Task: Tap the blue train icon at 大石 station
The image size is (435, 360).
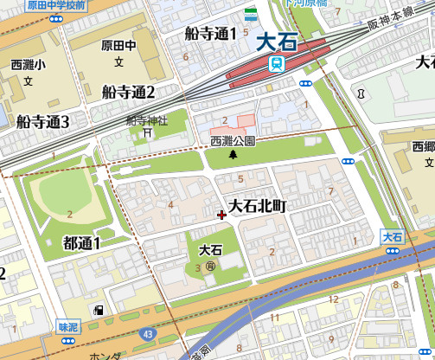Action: pos(276,63)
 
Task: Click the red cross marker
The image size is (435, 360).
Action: pos(222,214)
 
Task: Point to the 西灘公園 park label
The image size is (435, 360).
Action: pos(233,140)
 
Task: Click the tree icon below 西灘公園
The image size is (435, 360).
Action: pos(233,154)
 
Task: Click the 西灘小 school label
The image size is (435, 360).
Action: pos(27,65)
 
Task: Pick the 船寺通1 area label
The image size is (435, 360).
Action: pos(210,34)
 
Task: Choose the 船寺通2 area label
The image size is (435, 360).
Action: pos(127,92)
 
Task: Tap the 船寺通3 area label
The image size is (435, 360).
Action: pos(42,121)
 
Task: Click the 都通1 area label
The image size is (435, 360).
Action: pos(82,243)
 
